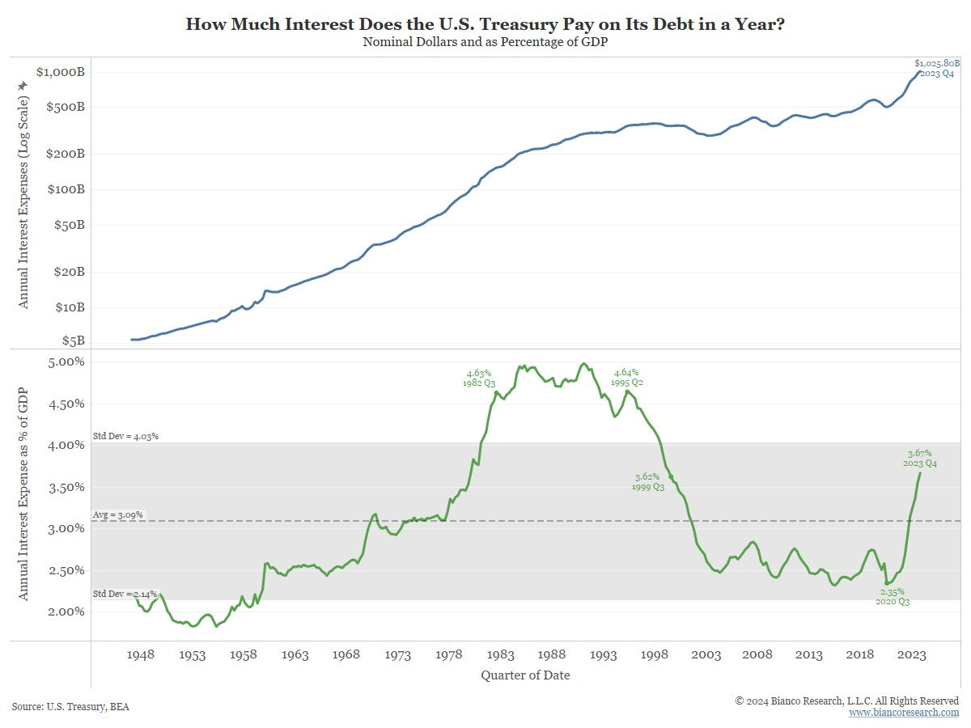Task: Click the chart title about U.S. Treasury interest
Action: pyautogui.click(x=485, y=23)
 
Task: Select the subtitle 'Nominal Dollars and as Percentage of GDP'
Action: pyautogui.click(x=485, y=42)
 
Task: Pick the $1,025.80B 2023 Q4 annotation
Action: pyautogui.click(x=937, y=68)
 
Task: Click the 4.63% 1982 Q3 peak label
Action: pyautogui.click(x=479, y=378)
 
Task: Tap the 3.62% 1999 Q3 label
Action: pyautogui.click(x=647, y=481)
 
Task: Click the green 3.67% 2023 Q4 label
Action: pyautogui.click(x=919, y=458)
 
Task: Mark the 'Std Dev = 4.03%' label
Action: pyautogui.click(x=125, y=436)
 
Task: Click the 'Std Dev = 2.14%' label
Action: pyautogui.click(x=124, y=594)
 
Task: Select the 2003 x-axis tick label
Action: pyautogui.click(x=706, y=654)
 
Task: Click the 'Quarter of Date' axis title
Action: pyautogui.click(x=525, y=675)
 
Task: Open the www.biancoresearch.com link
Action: pyautogui.click(x=904, y=713)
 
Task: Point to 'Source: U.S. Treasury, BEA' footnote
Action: pyautogui.click(x=70, y=706)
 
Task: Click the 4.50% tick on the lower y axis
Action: pyautogui.click(x=63, y=404)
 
